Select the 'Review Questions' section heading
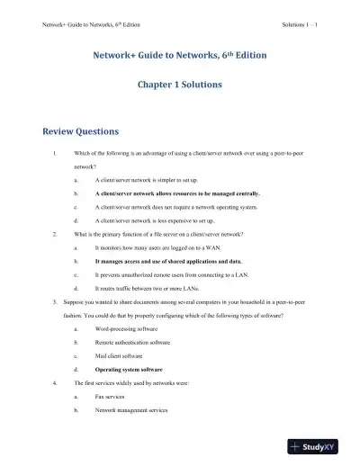[81, 131]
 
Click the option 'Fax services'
[112, 395]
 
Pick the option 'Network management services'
[131, 408]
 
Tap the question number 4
[55, 382]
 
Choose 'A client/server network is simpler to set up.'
[155, 181]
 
